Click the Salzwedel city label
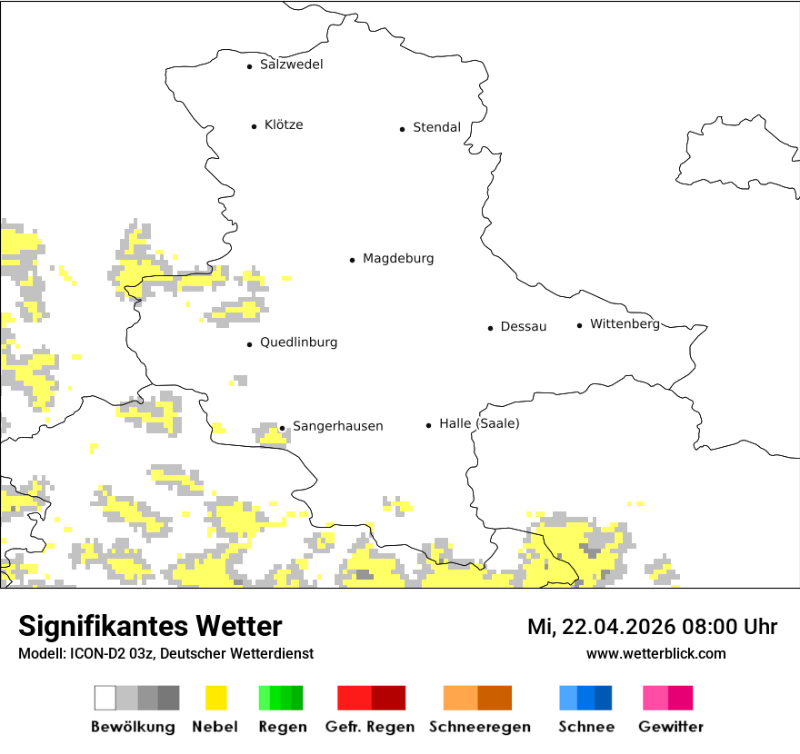coord(291,64)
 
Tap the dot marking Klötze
coord(254,126)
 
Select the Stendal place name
coord(436,128)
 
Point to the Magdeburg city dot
coord(352,260)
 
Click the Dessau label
coord(523,327)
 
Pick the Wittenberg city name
coord(625,324)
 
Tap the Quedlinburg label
coord(298,342)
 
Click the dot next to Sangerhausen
coord(282,428)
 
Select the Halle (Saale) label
coord(479,423)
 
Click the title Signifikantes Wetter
coord(150,626)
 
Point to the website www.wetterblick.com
coord(655,653)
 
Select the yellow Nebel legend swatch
coord(215,698)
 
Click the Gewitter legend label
coord(670,727)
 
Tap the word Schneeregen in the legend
coord(479,727)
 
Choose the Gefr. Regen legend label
coord(370,727)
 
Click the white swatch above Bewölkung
coord(105,698)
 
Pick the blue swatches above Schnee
coord(585,698)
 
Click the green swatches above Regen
coord(281,698)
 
